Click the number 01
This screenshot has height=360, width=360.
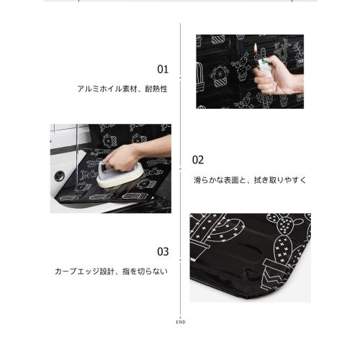pos(163,70)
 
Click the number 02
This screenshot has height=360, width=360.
pos(198,160)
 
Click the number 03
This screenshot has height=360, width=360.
pos(163,251)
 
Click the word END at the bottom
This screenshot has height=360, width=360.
pos(180,322)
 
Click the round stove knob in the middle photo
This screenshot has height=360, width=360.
pos(59,175)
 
